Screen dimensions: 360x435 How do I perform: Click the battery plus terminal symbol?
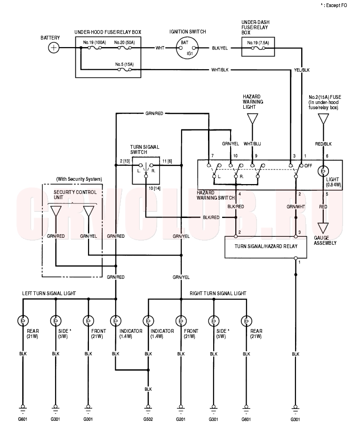click(54, 48)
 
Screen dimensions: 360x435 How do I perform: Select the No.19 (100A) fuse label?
click(95, 42)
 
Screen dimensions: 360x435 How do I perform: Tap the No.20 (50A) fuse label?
click(125, 42)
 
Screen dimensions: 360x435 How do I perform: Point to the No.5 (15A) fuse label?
click(125, 64)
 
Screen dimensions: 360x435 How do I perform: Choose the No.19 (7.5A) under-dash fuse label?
click(258, 43)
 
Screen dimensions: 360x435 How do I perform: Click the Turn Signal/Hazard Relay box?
click(266, 247)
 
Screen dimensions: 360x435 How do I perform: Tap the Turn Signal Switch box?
click(146, 170)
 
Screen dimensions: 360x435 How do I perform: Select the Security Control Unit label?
click(75, 195)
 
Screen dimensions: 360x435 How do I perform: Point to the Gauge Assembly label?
click(325, 240)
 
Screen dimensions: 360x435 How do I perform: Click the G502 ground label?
click(148, 419)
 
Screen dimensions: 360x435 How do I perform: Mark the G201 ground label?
click(181, 419)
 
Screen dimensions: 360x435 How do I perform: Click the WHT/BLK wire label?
click(220, 70)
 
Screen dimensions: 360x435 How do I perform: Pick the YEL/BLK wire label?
click(302, 70)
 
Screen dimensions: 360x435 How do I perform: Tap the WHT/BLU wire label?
click(252, 144)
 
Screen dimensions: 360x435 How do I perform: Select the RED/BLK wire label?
click(323, 144)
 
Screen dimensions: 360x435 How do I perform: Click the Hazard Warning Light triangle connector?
click(252, 119)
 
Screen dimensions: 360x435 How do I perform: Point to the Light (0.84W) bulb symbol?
click(323, 171)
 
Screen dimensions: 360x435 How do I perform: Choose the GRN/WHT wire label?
click(296, 207)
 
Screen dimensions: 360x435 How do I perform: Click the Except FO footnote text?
click(334, 5)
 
